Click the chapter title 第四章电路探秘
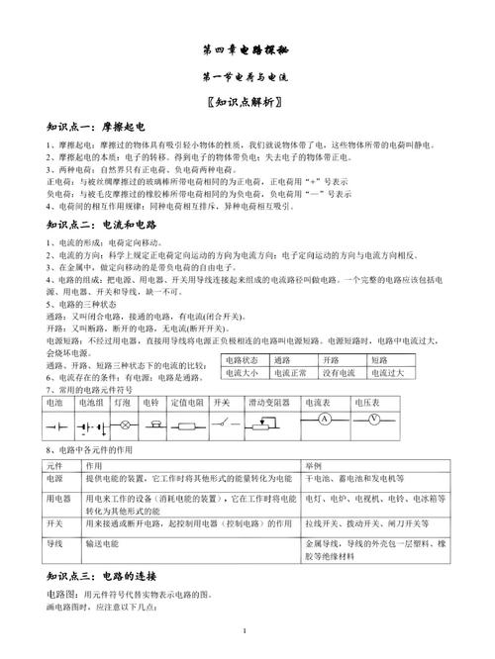coord(246,47)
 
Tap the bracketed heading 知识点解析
coord(246,101)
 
